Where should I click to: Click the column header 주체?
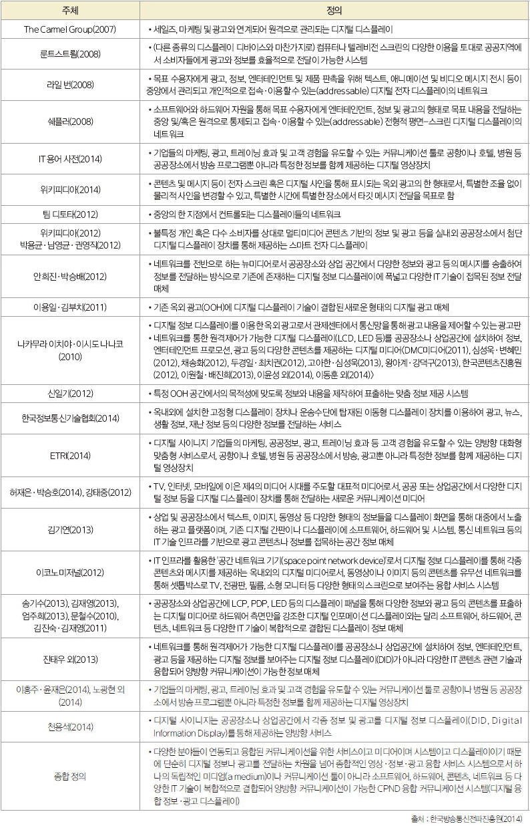click(x=69, y=11)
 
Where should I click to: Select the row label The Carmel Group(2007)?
click(x=69, y=30)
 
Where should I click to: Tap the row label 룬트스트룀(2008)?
click(x=69, y=54)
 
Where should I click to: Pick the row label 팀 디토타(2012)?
click(x=69, y=214)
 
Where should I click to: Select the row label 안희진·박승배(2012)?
click(x=69, y=276)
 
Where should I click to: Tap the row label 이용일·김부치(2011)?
click(x=69, y=307)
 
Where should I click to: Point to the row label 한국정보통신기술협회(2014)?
click(x=69, y=419)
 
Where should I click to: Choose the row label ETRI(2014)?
click(x=69, y=456)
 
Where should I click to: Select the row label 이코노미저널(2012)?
click(x=69, y=573)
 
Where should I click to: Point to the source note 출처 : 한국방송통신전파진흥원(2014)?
click(x=467, y=818)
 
